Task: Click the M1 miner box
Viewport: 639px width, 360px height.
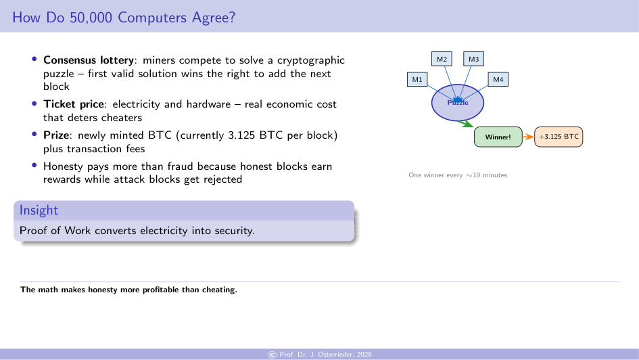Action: coord(417,80)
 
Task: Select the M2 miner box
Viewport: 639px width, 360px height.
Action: coord(442,60)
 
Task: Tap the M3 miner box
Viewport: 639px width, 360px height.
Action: coord(473,60)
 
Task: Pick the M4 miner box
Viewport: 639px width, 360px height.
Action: coord(498,80)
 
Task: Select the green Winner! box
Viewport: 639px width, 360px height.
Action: coord(498,137)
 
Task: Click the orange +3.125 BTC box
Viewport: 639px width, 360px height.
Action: coord(559,137)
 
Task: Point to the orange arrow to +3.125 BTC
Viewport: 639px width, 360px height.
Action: coord(528,137)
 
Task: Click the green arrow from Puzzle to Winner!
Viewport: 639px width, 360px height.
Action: coord(465,123)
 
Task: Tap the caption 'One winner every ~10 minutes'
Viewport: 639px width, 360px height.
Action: coord(457,175)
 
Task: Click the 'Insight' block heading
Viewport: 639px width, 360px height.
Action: coord(39,210)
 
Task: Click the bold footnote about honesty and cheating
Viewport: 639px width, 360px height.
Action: coord(128,290)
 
